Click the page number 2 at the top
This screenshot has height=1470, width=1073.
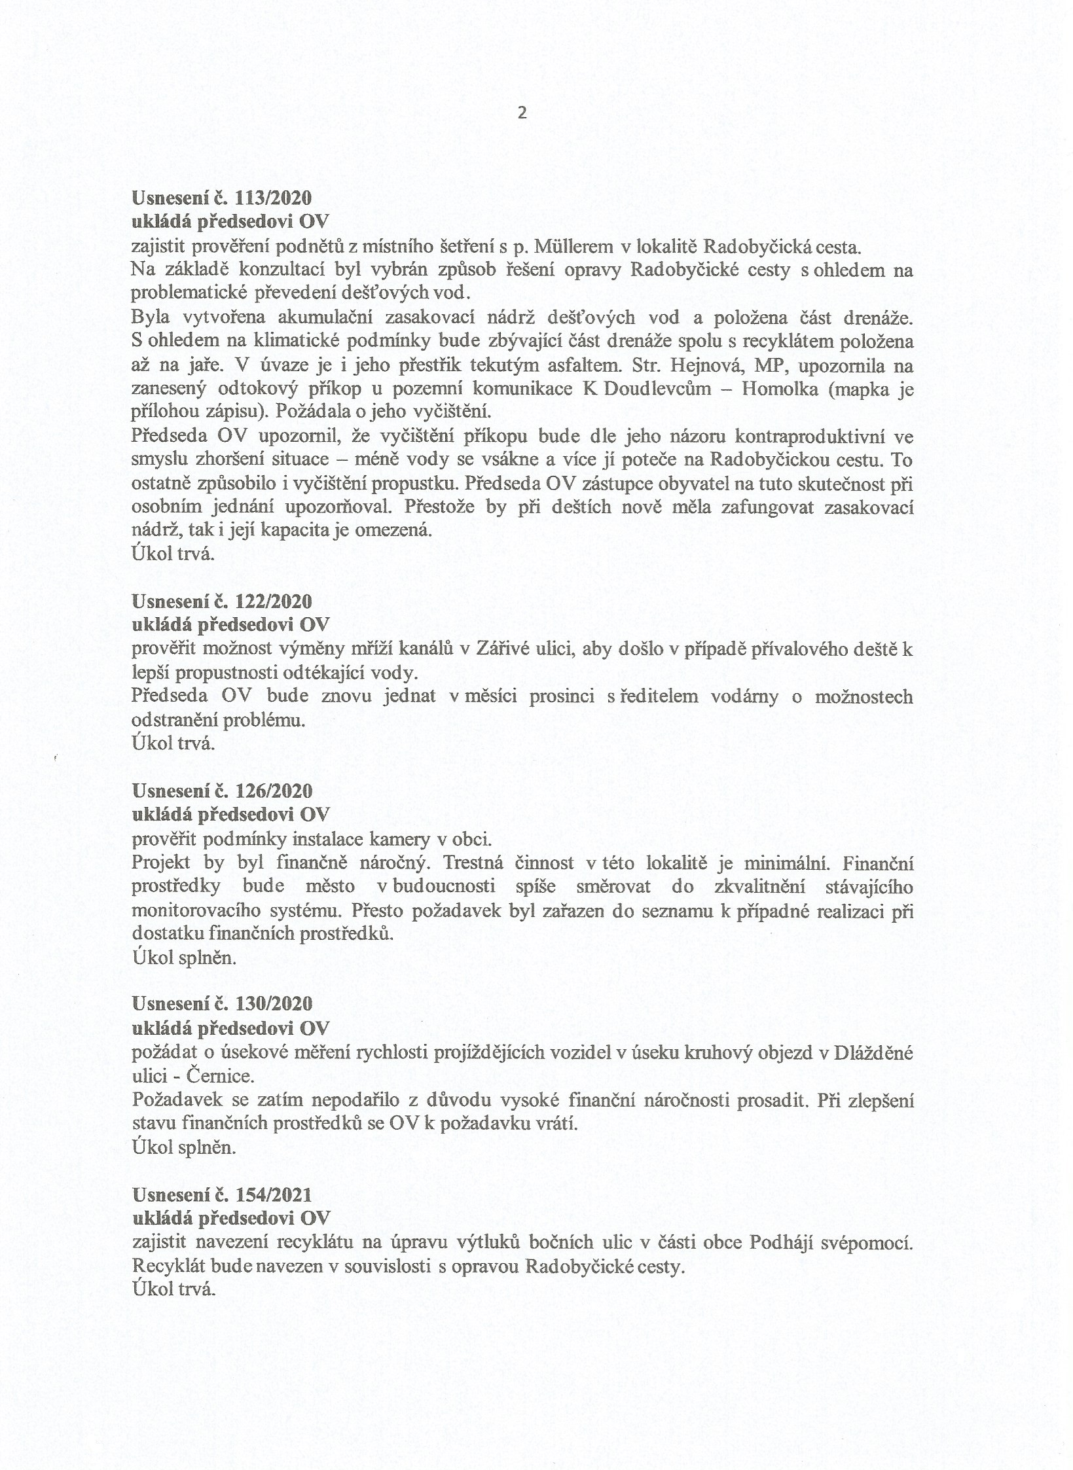pos(522,113)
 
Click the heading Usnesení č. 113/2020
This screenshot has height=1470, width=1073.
pos(222,198)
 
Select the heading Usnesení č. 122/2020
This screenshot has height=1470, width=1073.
pos(222,601)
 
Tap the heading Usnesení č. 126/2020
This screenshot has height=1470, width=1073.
pos(222,791)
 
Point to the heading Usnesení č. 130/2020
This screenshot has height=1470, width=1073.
pos(222,1003)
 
